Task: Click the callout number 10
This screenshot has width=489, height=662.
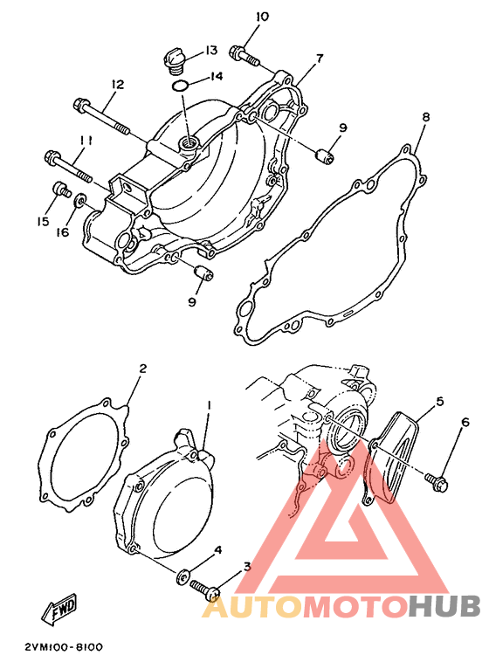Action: click(262, 17)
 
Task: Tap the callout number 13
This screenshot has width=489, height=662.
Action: click(211, 51)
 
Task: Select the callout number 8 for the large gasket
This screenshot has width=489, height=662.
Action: click(425, 117)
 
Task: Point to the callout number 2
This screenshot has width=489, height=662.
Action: click(142, 369)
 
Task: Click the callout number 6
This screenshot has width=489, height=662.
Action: click(465, 422)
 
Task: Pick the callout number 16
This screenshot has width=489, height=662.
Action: click(62, 231)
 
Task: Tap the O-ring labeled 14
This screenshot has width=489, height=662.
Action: click(180, 86)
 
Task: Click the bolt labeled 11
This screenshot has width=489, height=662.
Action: click(68, 168)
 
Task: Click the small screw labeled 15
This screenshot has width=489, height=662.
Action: click(61, 190)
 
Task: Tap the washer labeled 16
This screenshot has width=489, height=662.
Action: click(80, 200)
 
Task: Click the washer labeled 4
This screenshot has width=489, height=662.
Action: click(183, 576)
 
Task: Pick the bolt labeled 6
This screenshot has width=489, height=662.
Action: click(437, 482)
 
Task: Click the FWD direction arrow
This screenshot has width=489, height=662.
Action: click(59, 608)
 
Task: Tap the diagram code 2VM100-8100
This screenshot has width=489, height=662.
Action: click(64, 647)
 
